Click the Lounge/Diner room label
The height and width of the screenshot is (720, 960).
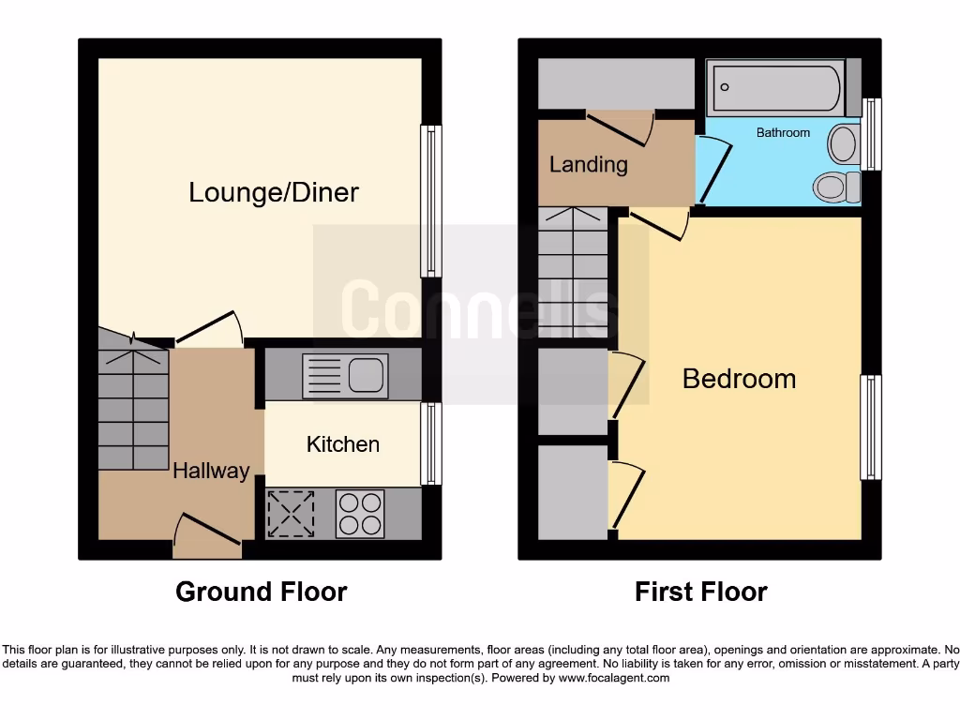pos(274,193)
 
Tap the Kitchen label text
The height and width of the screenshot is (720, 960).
pos(343,444)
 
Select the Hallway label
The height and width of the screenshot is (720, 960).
pos(211,471)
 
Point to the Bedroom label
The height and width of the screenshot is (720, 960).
pos(739,379)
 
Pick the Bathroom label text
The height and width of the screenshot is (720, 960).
pos(783,133)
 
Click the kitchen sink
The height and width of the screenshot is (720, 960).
pos(345,376)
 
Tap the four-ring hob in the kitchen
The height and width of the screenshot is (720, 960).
pos(360,514)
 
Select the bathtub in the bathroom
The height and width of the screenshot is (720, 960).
pos(774,87)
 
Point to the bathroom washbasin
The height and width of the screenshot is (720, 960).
pos(844,145)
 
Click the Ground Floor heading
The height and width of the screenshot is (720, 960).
pos(261,592)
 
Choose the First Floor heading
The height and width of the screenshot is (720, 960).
pos(700,592)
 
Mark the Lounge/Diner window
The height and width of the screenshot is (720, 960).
pos(431,202)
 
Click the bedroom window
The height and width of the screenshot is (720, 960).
pos(872,427)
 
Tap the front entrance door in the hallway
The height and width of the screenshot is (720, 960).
pos(208,532)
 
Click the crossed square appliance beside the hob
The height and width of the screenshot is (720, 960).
pos(292,514)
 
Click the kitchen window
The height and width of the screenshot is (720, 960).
pos(431,443)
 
